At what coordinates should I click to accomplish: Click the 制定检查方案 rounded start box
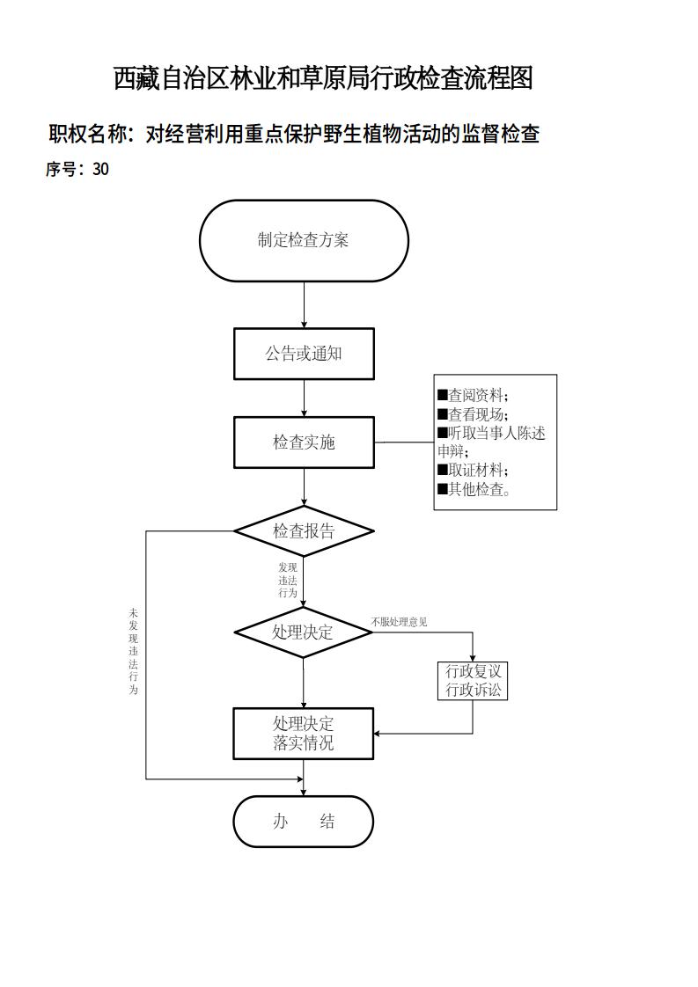click(x=304, y=240)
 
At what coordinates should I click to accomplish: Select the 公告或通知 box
click(x=304, y=354)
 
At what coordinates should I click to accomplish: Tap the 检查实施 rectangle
click(x=304, y=442)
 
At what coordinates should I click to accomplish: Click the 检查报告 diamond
click(x=304, y=531)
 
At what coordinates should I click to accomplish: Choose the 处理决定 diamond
click(x=304, y=632)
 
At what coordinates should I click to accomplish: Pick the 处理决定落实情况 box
click(x=304, y=734)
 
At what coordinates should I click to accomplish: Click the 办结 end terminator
click(x=304, y=822)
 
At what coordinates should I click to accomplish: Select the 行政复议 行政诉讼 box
click(x=473, y=681)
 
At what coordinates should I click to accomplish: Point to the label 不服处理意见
click(x=399, y=622)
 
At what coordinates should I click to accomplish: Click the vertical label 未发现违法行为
click(x=134, y=651)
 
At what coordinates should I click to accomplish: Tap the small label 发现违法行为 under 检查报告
click(x=288, y=581)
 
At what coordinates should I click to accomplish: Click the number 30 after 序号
click(x=100, y=170)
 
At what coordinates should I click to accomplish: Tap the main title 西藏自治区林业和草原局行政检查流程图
click(x=323, y=78)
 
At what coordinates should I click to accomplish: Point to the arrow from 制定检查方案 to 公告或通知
click(x=305, y=304)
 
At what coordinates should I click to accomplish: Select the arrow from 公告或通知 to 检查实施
click(x=305, y=398)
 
